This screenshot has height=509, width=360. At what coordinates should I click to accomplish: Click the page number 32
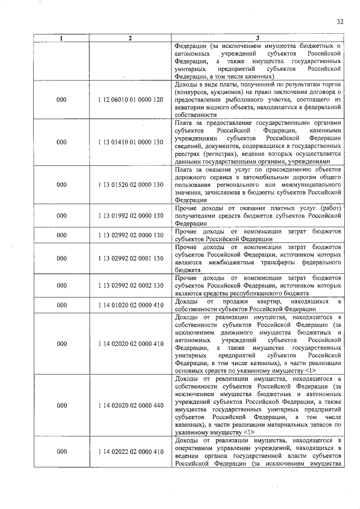pos(340,22)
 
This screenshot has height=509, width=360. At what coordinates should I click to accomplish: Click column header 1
pos(62,38)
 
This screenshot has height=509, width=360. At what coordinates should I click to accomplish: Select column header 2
pos(130,38)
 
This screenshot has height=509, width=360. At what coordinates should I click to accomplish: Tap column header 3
pos(258,38)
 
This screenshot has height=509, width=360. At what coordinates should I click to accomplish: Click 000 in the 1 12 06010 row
pos(62,99)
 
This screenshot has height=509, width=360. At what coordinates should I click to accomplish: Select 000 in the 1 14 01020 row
pos(62,305)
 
